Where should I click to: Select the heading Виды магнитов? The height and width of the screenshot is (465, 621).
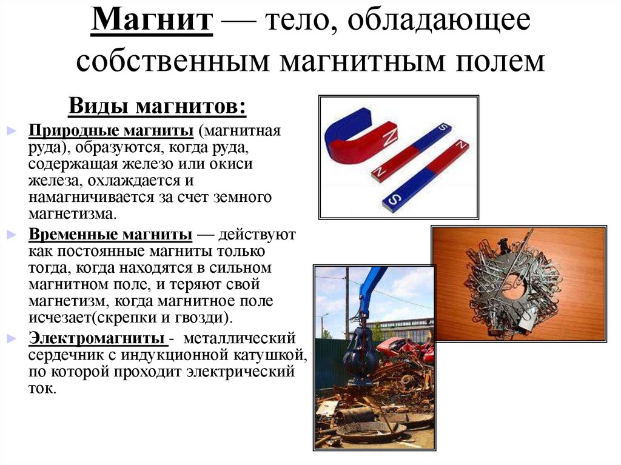coord(157,107)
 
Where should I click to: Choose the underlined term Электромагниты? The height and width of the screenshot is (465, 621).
coord(96,336)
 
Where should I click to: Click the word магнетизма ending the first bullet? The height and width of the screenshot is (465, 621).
coord(70,213)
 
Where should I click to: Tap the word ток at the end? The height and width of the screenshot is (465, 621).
coord(41,388)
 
